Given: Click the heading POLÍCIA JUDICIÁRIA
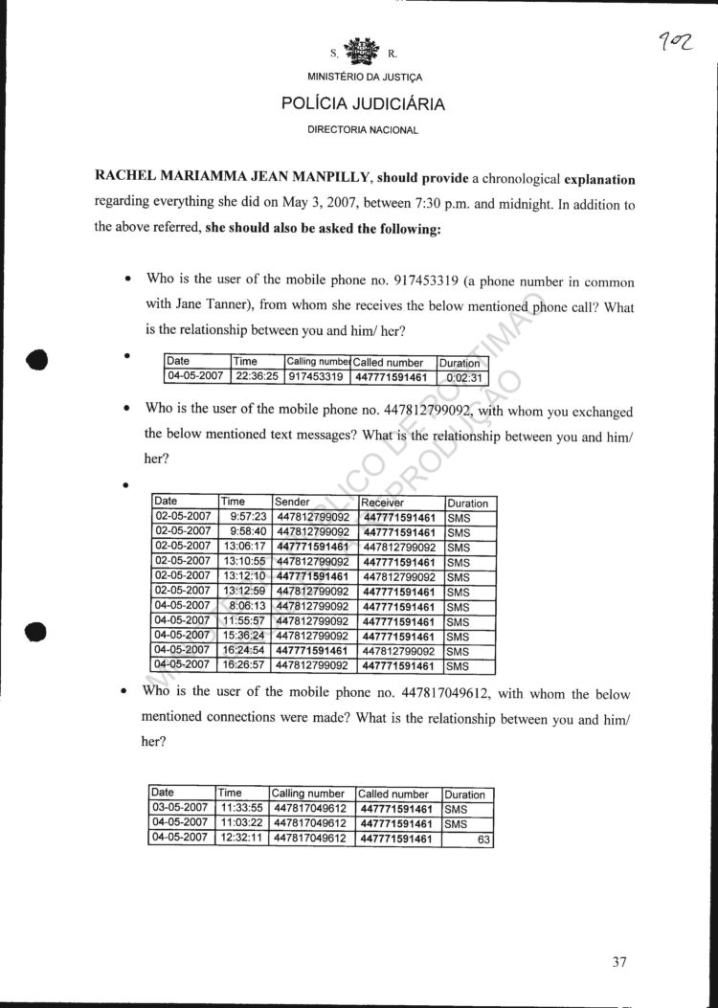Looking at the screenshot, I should point(363,104).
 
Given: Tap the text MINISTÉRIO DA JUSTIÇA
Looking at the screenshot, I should point(363,77).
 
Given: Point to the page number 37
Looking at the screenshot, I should point(618,962).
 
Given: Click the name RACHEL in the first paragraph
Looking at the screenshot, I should point(128,179).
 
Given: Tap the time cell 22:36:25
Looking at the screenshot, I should point(258,377).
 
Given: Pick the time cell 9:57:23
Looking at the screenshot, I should point(248,517).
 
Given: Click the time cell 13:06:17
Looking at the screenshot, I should point(244,547).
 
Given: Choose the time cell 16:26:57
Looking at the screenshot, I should point(244,665).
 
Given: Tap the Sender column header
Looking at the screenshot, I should point(292,502).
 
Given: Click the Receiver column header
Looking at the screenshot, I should point(382,502).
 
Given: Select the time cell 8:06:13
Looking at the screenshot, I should point(248,606).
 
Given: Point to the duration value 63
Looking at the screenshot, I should point(482,839).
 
